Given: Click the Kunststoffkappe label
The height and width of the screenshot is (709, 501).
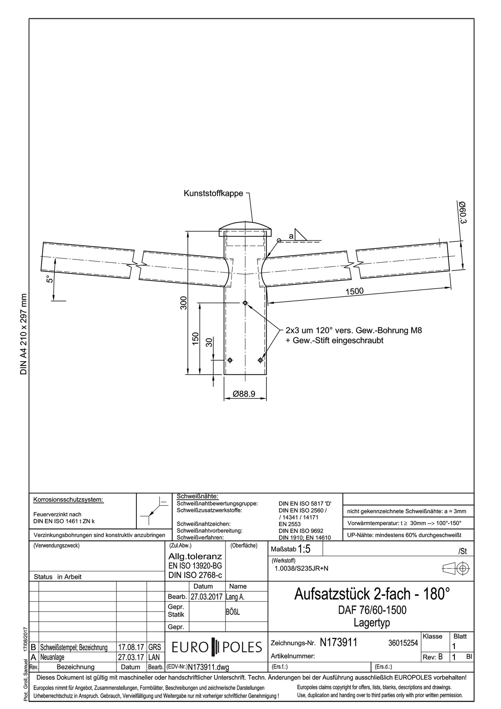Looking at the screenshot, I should (213, 193).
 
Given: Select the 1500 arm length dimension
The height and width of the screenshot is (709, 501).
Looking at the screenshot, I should (354, 291).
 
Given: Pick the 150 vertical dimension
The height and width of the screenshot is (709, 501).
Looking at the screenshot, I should (195, 339).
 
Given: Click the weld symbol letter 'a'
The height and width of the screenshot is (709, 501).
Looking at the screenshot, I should (291, 236).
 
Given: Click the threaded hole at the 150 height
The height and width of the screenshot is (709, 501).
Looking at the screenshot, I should (245, 303).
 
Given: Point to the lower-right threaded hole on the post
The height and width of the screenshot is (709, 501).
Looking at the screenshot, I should (261, 360).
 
